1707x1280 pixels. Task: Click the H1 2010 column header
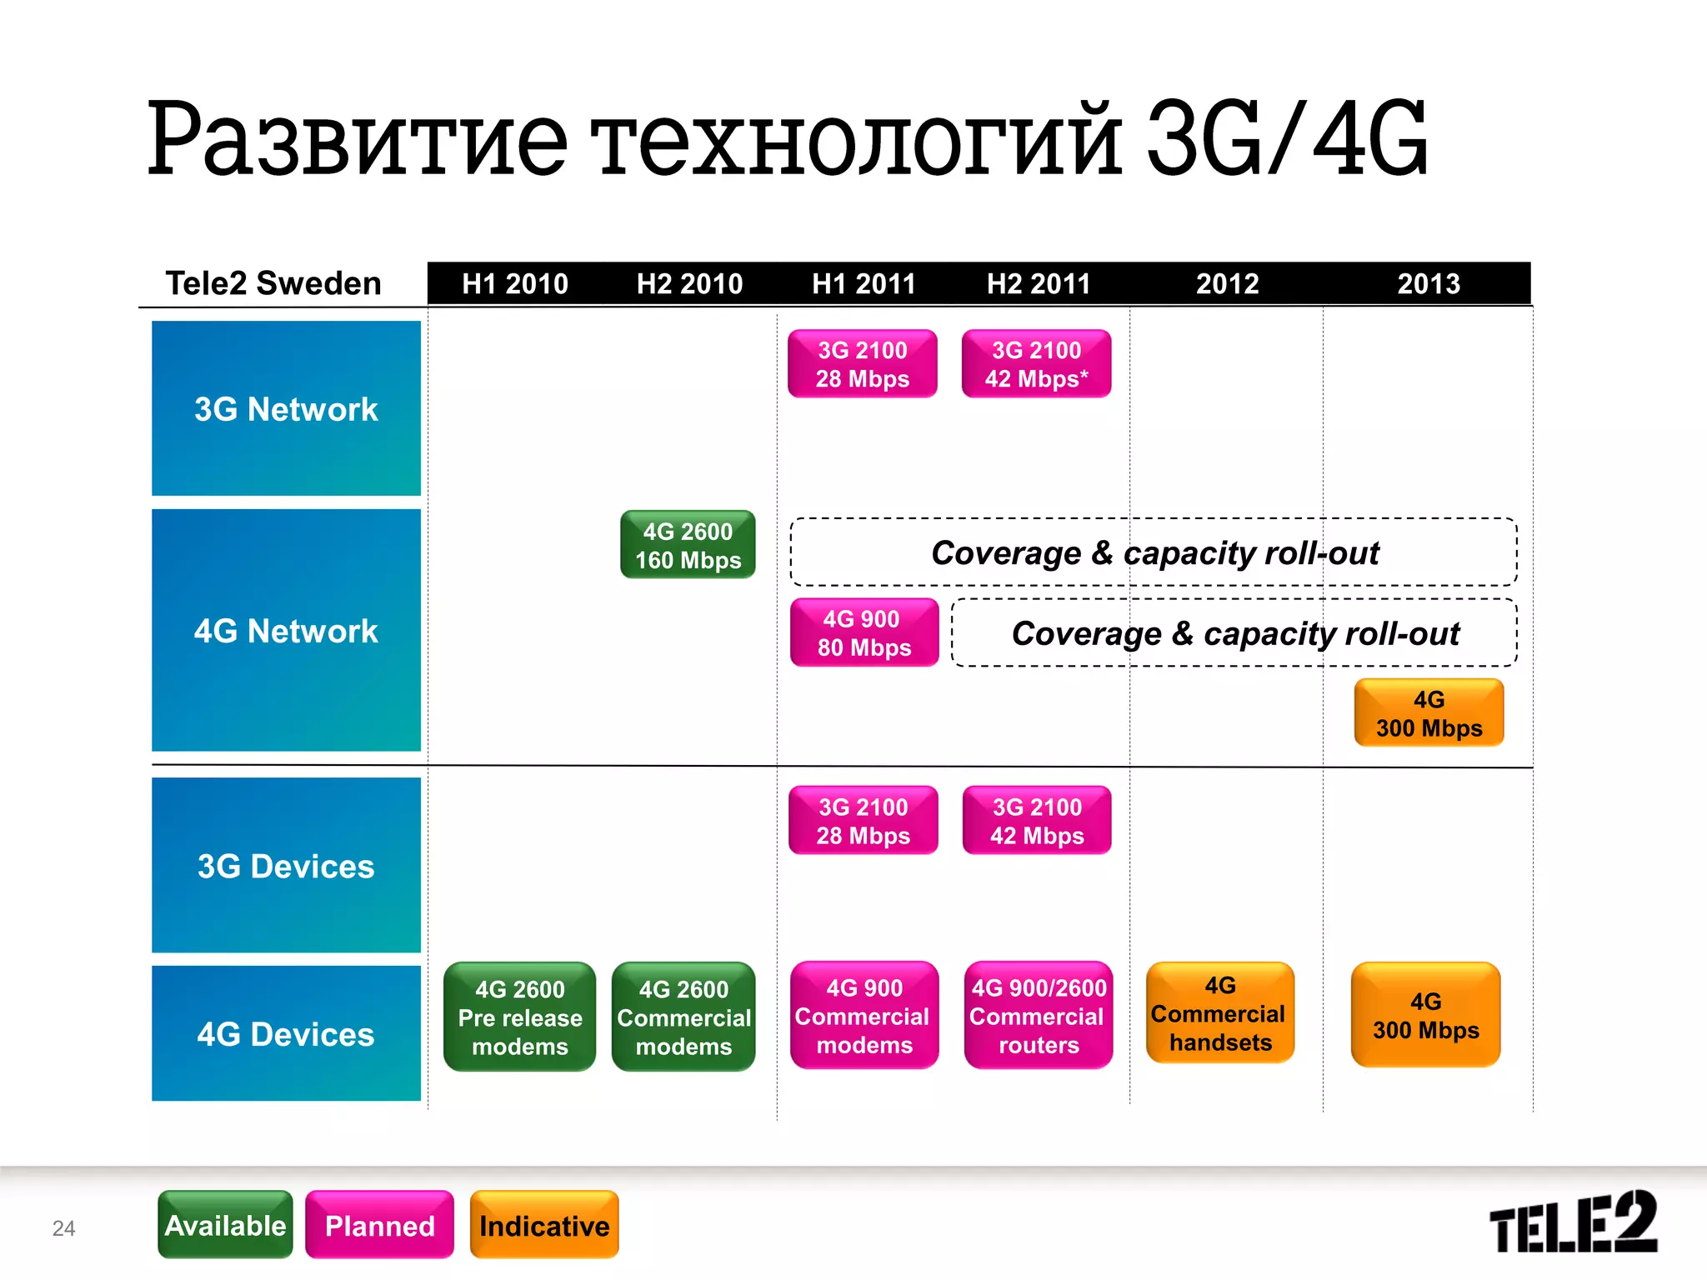point(515,284)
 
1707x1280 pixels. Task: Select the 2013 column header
point(1429,284)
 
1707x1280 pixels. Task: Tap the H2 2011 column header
point(1039,284)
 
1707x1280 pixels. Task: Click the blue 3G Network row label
point(286,408)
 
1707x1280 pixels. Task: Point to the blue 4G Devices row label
point(286,1033)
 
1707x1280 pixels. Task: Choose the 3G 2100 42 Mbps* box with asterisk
point(1036,364)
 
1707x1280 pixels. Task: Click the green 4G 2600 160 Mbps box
point(688,545)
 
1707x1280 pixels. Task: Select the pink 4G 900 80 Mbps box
point(864,632)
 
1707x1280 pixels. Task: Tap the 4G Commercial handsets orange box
point(1219,1013)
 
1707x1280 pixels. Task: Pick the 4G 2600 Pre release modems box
point(519,1017)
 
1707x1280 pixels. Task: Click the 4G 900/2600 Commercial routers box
point(1039,1016)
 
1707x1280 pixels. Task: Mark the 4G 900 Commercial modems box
point(864,1016)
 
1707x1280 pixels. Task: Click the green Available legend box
point(225,1225)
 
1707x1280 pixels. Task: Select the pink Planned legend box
point(379,1225)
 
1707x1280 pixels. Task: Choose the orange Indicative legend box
point(544,1225)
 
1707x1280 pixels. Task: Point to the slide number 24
point(63,1228)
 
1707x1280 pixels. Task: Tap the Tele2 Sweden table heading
point(273,283)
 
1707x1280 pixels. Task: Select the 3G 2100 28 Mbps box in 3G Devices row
point(863,821)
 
